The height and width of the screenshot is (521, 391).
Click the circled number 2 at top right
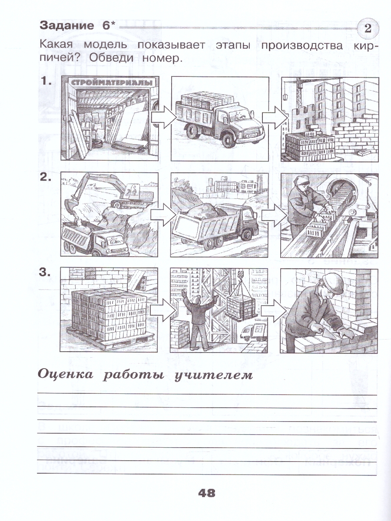pos(368,30)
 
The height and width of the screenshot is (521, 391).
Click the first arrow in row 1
pos(162,117)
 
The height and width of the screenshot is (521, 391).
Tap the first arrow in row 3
pos(162,310)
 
